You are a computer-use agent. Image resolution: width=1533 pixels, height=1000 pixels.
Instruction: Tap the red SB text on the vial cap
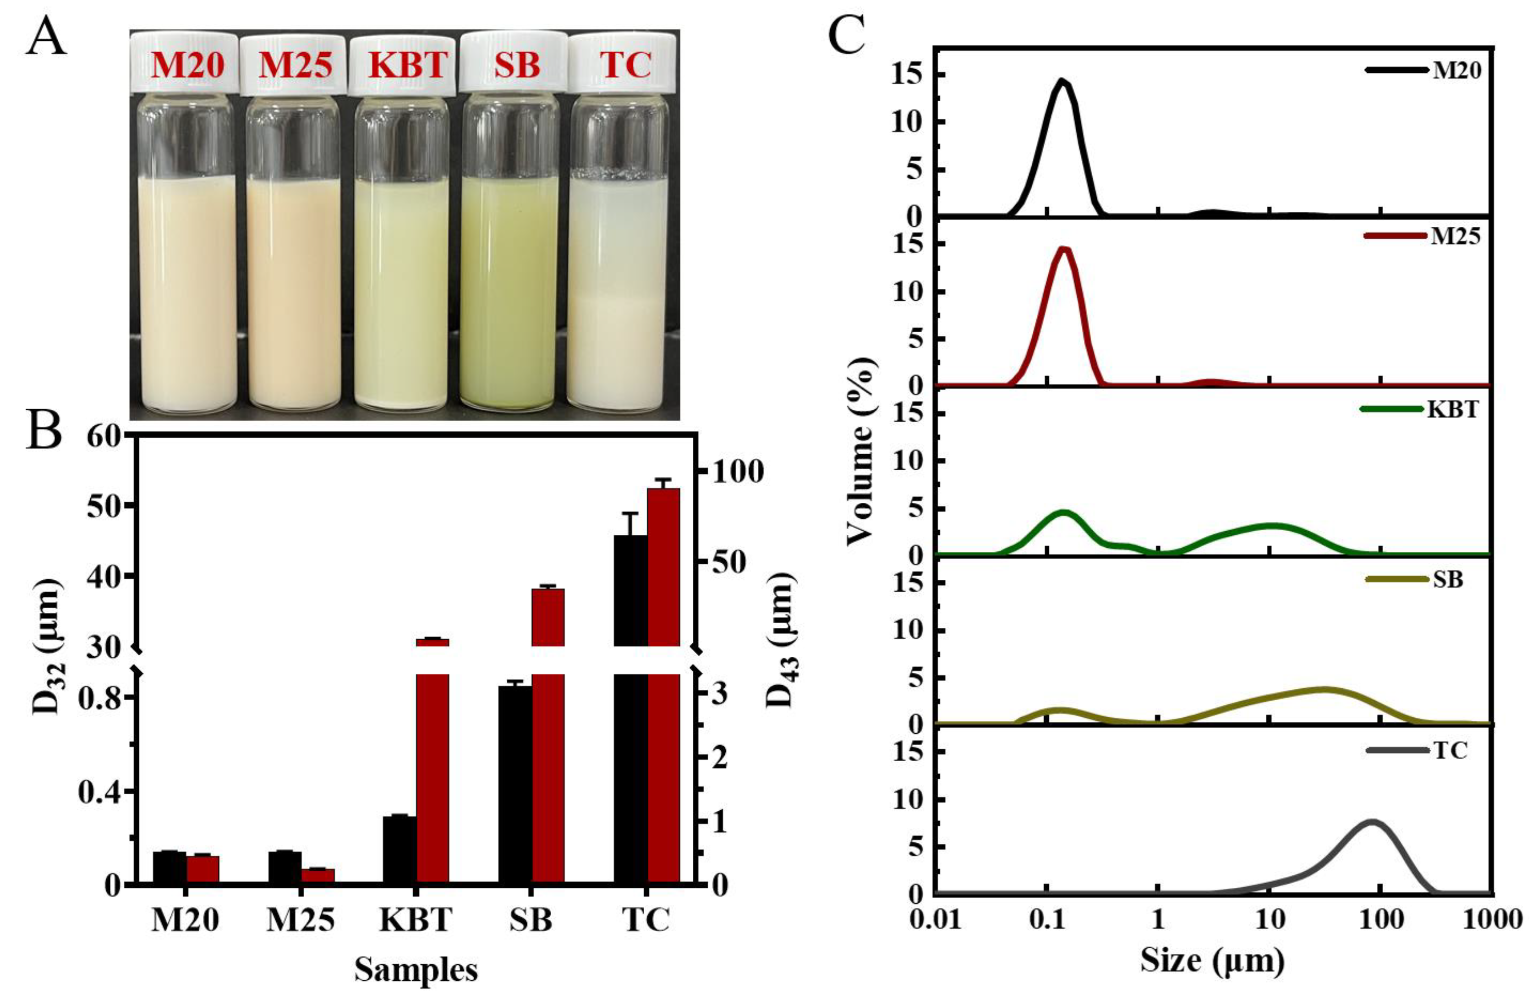point(517,65)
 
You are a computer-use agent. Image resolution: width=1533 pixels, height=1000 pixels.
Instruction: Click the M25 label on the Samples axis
point(301,920)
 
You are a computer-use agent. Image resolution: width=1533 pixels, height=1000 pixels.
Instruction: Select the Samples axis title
point(416,970)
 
